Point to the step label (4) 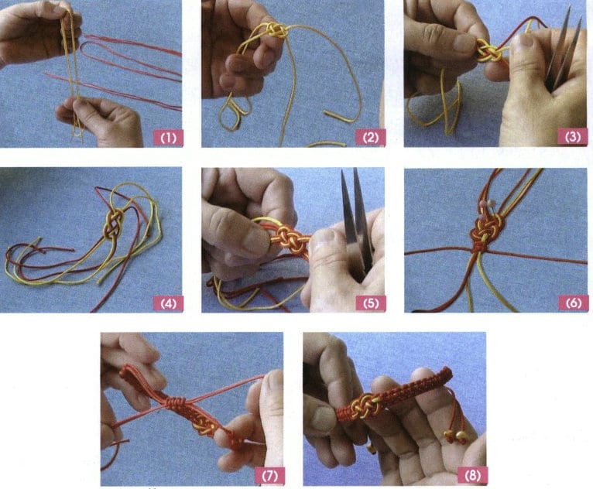pos(167,303)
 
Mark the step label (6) pos(571,303)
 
